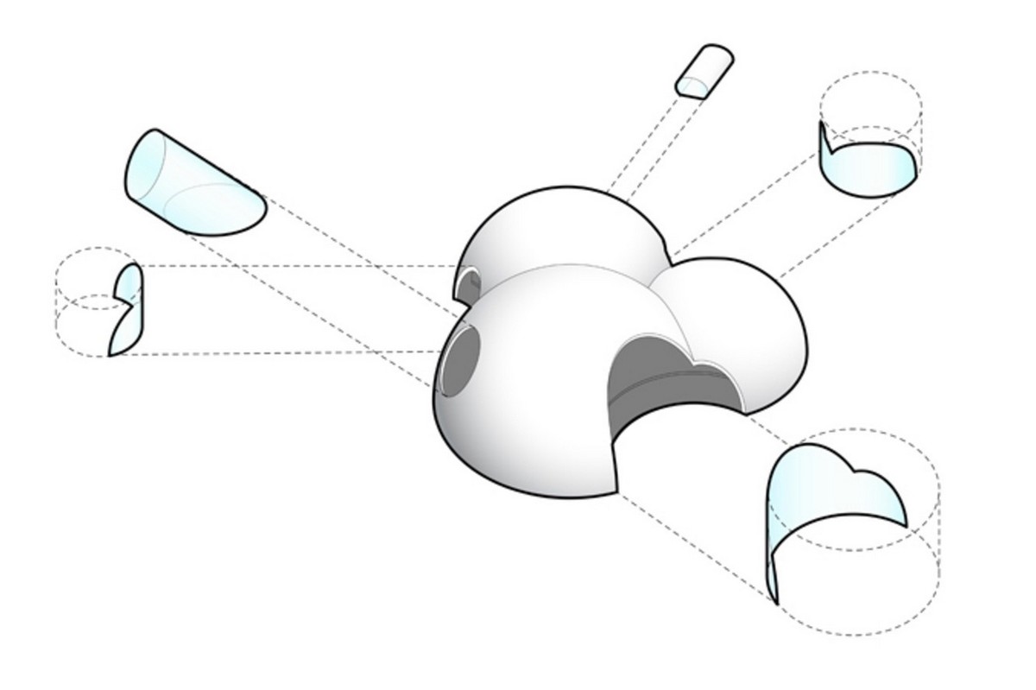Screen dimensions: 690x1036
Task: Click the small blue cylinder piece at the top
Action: [x=704, y=71]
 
